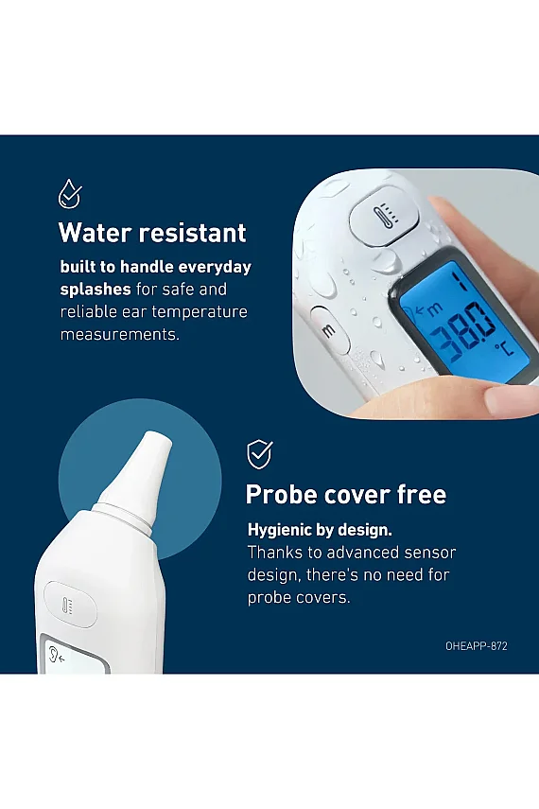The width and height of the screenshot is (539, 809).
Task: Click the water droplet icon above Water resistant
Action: click(70, 195)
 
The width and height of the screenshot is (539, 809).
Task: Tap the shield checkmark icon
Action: click(259, 454)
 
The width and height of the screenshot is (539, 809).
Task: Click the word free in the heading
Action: click(421, 494)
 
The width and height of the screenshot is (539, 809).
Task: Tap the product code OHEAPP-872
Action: click(477, 646)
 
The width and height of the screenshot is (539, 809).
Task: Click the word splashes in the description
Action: click(96, 290)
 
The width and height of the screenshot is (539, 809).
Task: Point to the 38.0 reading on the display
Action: click(458, 329)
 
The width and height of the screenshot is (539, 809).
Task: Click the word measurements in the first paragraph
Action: click(120, 335)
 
